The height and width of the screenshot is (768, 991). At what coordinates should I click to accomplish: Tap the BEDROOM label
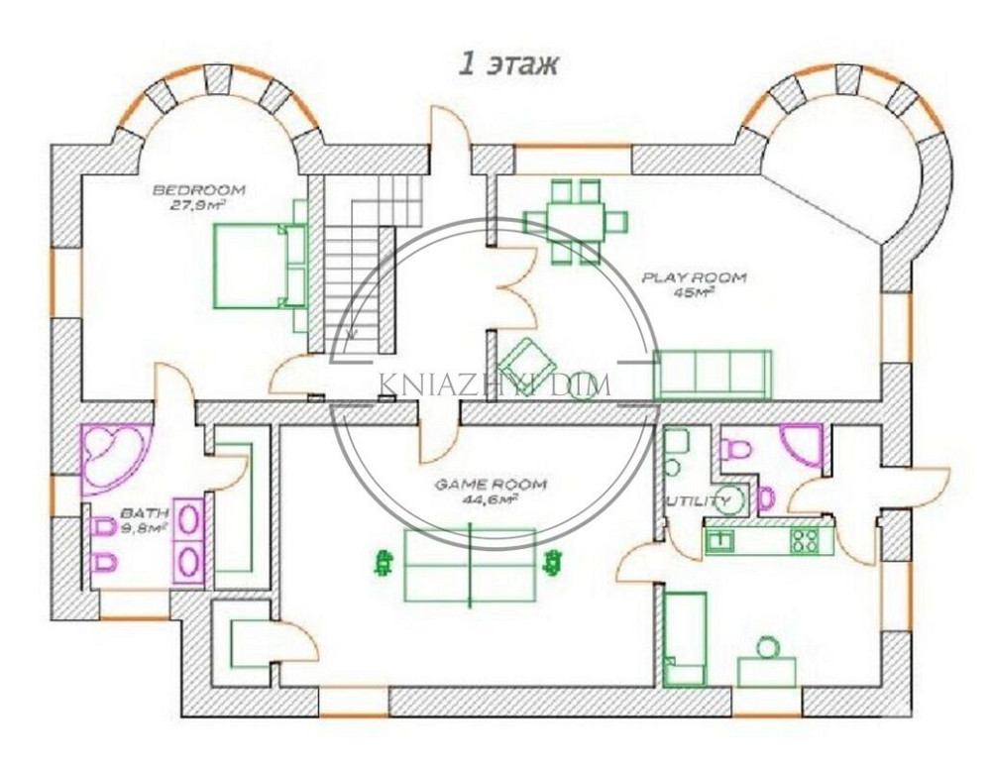(x=199, y=189)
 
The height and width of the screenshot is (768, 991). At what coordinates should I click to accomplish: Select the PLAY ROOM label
(x=694, y=277)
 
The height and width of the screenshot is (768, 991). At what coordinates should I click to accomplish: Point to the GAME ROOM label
(x=490, y=485)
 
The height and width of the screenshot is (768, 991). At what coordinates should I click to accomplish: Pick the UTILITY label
(x=699, y=501)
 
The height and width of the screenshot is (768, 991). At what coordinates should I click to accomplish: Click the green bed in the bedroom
(x=260, y=266)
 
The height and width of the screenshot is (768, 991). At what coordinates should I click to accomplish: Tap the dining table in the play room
(x=576, y=221)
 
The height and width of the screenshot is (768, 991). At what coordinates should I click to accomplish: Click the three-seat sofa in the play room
(x=713, y=375)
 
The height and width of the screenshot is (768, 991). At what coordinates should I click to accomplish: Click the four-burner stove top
(x=805, y=540)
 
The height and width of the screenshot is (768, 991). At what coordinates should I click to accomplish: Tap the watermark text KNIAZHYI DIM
(x=495, y=384)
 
